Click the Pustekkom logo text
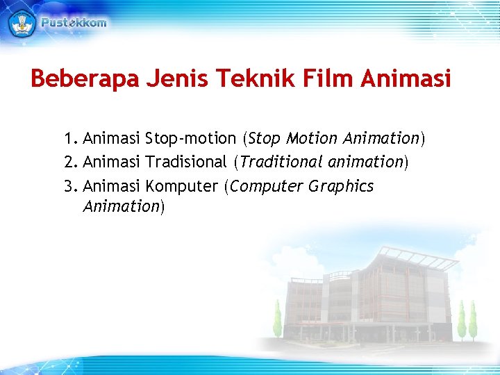tap(74, 22)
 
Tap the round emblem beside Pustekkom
tap(22, 22)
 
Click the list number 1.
tap(67, 138)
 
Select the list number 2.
tap(68, 162)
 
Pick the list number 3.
tap(68, 186)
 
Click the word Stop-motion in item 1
tap(190, 138)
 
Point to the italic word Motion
tap(310, 138)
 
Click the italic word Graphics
tap(342, 186)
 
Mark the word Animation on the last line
tap(122, 206)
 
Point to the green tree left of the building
tap(278, 319)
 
